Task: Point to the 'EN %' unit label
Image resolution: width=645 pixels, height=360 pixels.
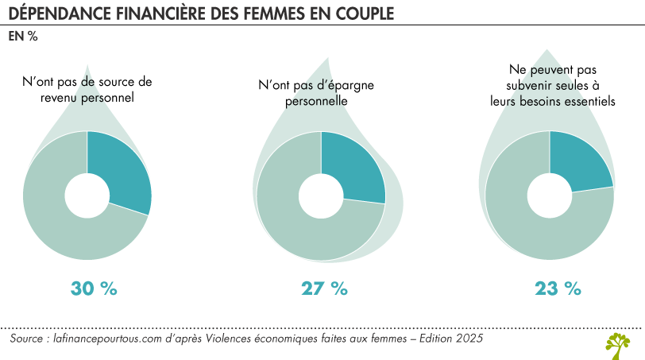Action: (x=24, y=36)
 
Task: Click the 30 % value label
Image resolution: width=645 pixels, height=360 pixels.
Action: (x=94, y=288)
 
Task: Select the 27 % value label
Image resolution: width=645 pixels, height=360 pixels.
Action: (x=324, y=288)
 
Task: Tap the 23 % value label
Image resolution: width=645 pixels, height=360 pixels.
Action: (x=558, y=288)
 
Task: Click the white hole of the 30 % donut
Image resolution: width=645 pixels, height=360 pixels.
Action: (x=87, y=195)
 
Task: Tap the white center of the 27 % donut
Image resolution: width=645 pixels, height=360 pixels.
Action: (x=321, y=195)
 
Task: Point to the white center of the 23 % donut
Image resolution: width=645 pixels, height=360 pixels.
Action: (x=550, y=195)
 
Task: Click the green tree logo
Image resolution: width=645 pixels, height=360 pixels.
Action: (x=617, y=343)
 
